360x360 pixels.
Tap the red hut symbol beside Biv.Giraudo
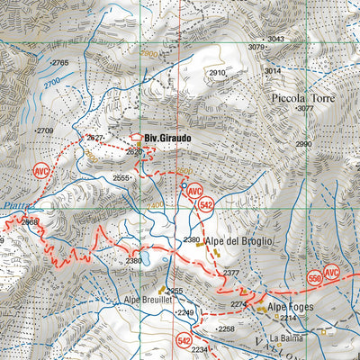click(137, 139)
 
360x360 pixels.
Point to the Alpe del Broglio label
click(238, 242)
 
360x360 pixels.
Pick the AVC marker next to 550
click(332, 273)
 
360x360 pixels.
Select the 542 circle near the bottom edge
click(184, 340)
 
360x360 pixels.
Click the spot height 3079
click(257, 47)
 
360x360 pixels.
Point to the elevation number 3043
click(275, 39)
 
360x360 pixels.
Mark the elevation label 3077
click(303, 108)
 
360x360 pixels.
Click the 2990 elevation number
click(303, 144)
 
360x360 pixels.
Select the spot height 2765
click(60, 62)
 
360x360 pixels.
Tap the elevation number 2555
click(121, 178)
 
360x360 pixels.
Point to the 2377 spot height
click(231, 272)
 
